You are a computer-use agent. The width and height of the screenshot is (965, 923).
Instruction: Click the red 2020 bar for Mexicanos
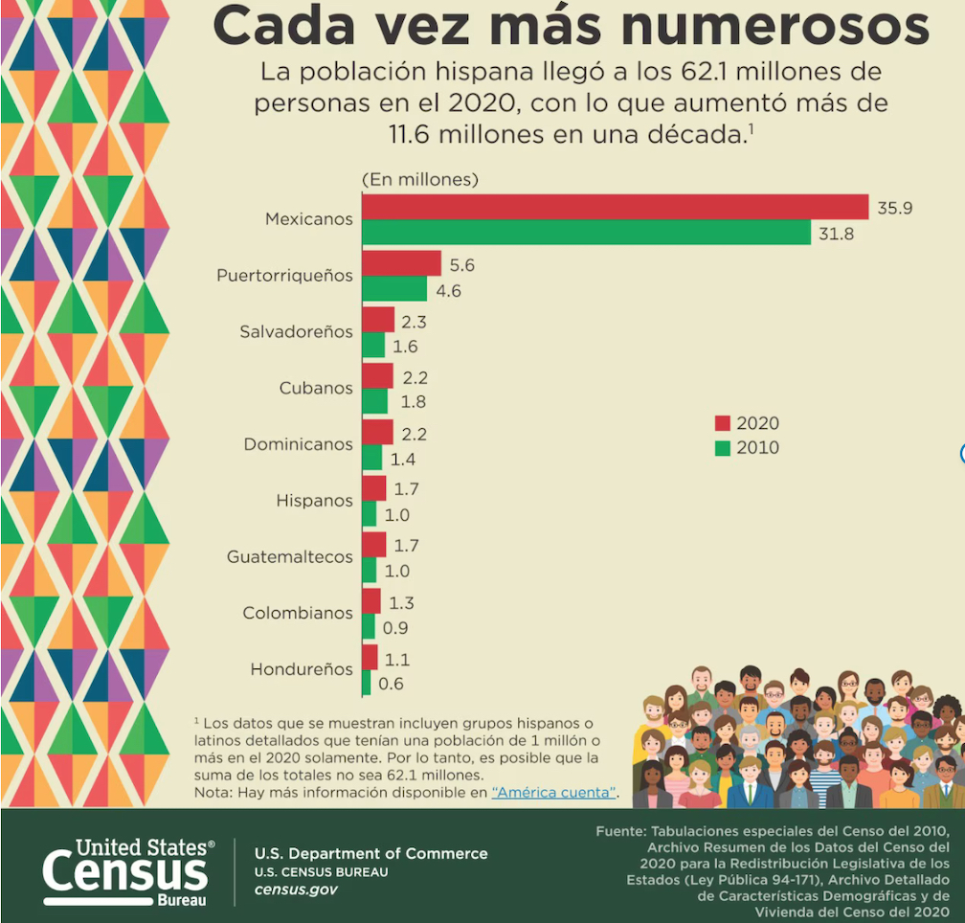615,207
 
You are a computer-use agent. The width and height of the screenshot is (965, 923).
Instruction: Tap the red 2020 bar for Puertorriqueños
401,263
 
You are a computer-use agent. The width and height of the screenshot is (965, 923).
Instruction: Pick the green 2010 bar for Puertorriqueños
394,289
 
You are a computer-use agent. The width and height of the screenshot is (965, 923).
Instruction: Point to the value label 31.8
834,234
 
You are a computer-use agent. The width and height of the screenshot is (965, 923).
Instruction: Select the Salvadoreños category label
296,332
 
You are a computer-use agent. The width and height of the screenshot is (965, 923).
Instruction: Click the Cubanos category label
316,389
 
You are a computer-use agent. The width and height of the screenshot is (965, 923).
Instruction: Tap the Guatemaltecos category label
289,556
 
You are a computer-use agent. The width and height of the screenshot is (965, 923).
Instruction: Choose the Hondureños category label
302,669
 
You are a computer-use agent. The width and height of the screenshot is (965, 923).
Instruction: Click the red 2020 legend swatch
723,423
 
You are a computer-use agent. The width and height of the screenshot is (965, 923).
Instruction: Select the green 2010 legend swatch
723,447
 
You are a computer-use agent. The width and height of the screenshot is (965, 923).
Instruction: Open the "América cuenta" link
553,793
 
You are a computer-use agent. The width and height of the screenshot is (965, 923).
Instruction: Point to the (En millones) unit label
419,179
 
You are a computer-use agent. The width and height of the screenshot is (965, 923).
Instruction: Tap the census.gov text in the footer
295,889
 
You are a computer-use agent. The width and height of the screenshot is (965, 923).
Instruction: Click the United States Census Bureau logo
128,870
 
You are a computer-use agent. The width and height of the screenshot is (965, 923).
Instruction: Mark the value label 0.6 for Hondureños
392,684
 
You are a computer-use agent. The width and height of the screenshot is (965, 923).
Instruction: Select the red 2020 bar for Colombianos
370,601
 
